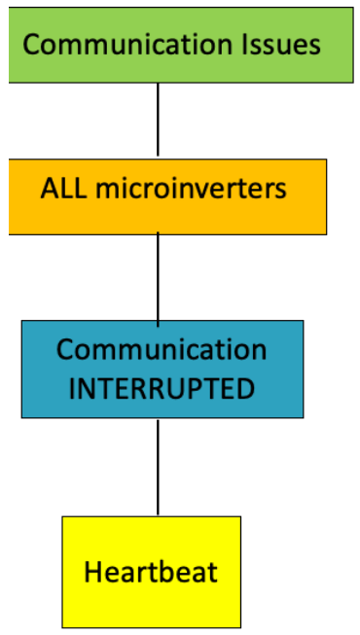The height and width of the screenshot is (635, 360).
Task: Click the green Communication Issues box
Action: pyautogui.click(x=180, y=45)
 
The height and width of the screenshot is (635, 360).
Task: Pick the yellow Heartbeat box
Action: pyautogui.click(x=151, y=571)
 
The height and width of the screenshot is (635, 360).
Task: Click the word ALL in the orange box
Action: pyautogui.click(x=59, y=188)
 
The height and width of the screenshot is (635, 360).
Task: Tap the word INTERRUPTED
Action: pyautogui.click(x=162, y=389)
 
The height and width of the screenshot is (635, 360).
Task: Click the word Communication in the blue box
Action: pyautogui.click(x=162, y=350)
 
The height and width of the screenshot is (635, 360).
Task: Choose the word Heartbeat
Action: pyautogui.click(x=151, y=572)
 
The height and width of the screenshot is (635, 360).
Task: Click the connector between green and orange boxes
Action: pyautogui.click(x=158, y=120)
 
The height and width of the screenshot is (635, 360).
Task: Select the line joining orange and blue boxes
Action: pyautogui.click(x=158, y=277)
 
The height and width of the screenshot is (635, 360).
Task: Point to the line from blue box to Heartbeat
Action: pyautogui.click(x=158, y=467)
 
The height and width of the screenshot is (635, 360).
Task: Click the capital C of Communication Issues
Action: pyautogui.click(x=30, y=45)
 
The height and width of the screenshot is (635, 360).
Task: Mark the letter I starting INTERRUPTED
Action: pyautogui.click(x=72, y=389)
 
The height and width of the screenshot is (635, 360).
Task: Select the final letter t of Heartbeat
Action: pyautogui.click(x=212, y=572)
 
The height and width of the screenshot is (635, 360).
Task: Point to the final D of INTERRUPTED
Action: pyautogui.click(x=247, y=389)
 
